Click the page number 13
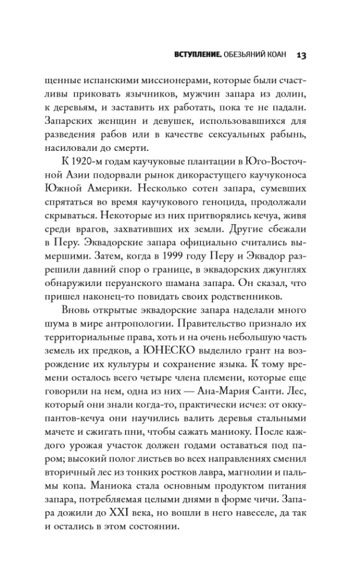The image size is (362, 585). (x=302, y=56)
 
